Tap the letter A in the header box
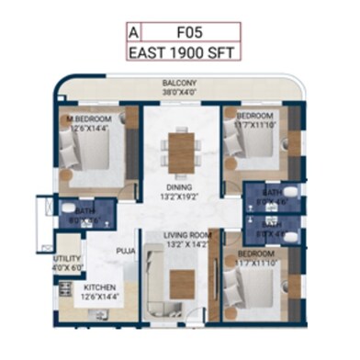[x=135, y=30]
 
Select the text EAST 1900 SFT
[x=183, y=51]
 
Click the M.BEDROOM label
[x=88, y=119]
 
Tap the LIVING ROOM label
[x=187, y=235]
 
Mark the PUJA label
[x=126, y=249]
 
